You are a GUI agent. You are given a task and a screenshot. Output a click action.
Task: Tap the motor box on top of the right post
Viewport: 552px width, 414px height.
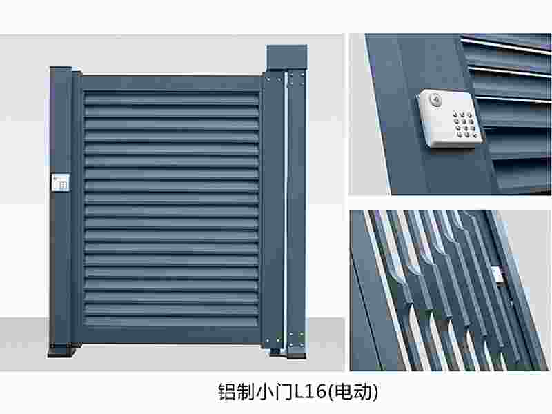click(286, 57)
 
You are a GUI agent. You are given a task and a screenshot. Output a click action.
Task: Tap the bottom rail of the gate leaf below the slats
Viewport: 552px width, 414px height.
click(170, 335)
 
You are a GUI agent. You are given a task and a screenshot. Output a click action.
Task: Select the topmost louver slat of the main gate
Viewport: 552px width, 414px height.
click(170, 96)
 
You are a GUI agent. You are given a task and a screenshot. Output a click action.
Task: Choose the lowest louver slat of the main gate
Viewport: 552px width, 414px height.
click(170, 321)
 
